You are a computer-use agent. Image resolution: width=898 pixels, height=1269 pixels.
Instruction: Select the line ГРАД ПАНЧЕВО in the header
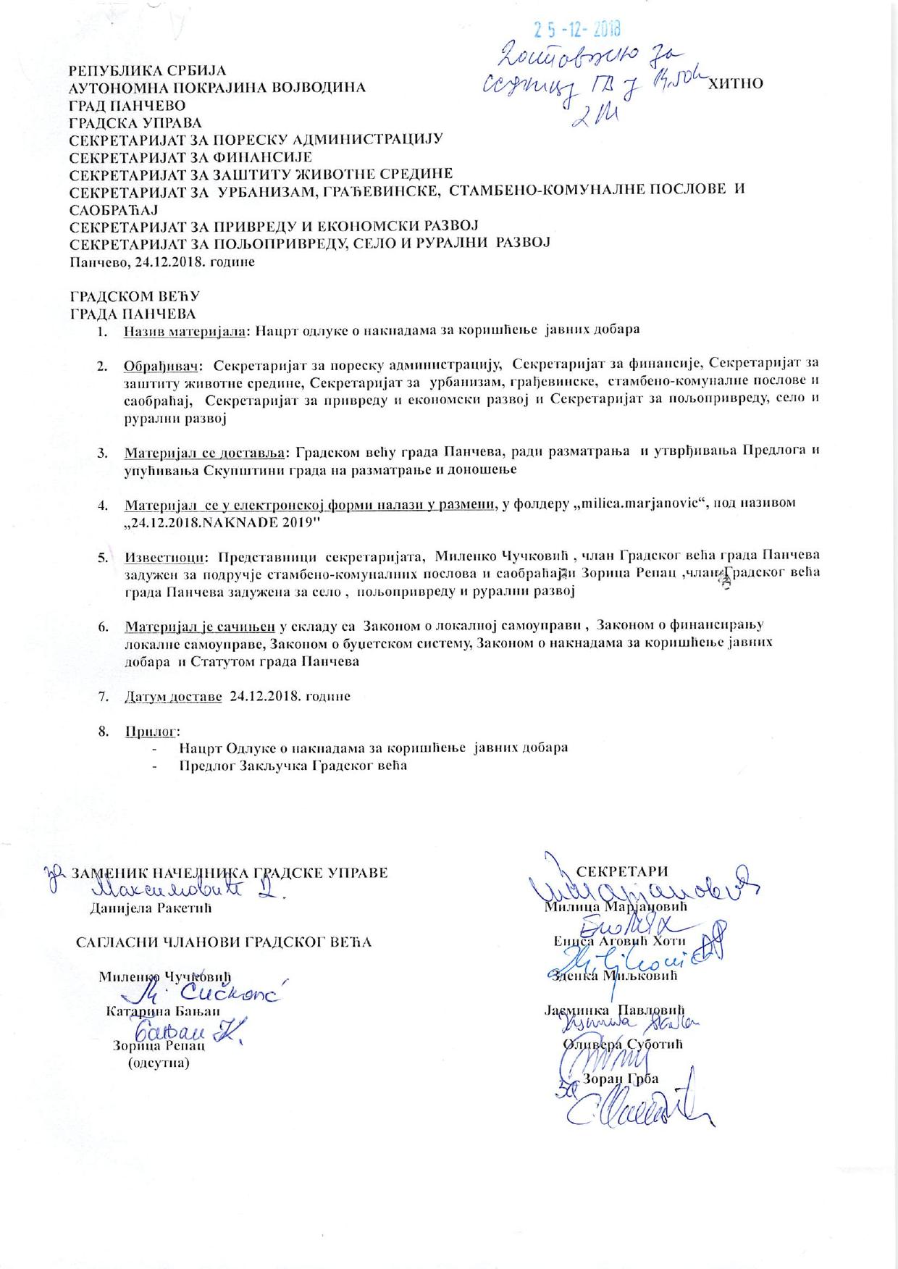click(127, 106)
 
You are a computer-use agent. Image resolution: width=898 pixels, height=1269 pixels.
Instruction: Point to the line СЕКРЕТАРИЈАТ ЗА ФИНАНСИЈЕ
click(190, 156)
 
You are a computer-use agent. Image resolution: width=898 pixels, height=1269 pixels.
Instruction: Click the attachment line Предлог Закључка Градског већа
click(293, 765)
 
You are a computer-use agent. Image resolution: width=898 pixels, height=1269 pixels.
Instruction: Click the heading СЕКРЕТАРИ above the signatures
click(621, 871)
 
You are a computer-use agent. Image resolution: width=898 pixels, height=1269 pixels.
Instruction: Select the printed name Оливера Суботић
click(623, 1044)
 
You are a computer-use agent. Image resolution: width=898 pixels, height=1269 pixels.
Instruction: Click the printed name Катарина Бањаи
click(163, 1011)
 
